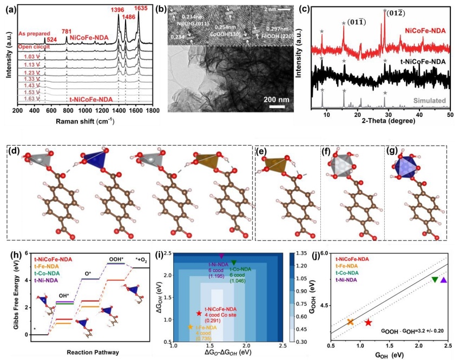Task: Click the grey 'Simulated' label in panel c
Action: tap(431, 100)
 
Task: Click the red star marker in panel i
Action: tap(199, 313)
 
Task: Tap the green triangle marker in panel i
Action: tap(234, 263)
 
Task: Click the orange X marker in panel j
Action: tap(350, 322)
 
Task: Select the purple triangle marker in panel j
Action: tap(444, 280)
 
